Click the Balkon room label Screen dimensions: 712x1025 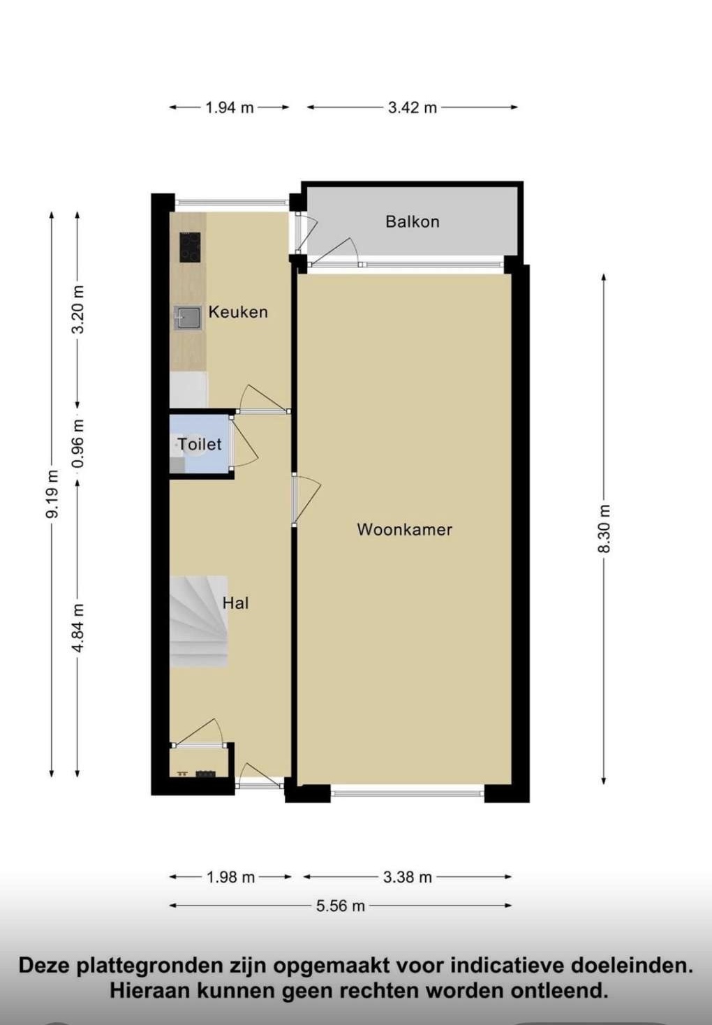[x=413, y=222]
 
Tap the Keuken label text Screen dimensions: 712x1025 [x=238, y=312]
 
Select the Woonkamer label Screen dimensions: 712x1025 [x=404, y=529]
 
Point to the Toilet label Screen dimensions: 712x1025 [x=200, y=444]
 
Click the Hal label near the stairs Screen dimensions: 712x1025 [x=236, y=603]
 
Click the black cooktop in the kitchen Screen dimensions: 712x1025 [x=190, y=247]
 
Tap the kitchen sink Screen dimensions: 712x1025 [x=188, y=318]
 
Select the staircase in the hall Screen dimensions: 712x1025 [x=198, y=621]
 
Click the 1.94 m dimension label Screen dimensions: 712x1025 [x=229, y=108]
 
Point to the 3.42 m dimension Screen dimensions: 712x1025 [x=413, y=108]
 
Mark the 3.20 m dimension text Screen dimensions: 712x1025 [x=78, y=309]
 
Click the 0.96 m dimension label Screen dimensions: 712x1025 [x=78, y=443]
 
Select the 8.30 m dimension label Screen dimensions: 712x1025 [x=605, y=529]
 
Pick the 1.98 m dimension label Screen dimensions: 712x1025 [x=230, y=877]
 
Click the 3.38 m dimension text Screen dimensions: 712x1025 [x=407, y=877]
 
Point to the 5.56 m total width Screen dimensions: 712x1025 [x=341, y=906]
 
